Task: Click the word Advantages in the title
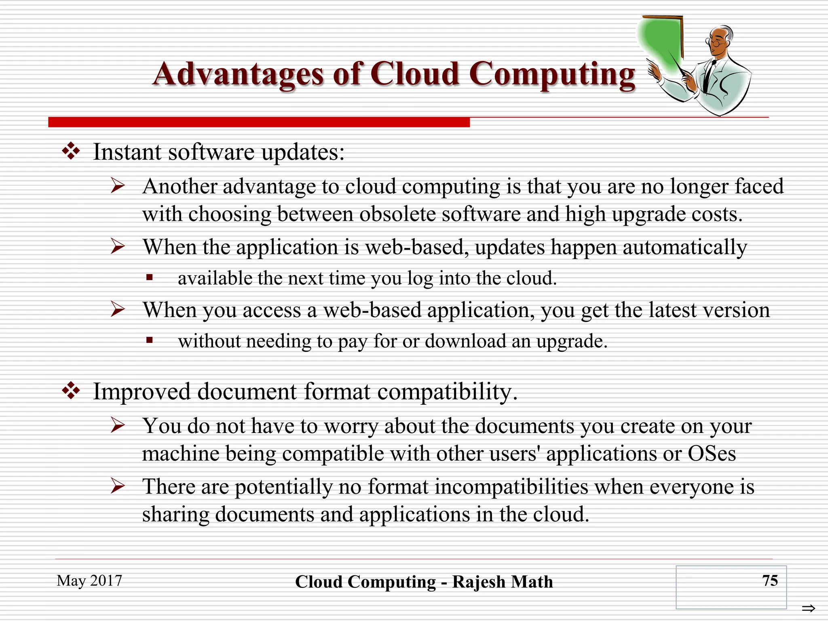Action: [x=238, y=75]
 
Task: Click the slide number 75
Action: [x=770, y=581]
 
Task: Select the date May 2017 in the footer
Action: [x=89, y=581]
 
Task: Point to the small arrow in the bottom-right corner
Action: [x=808, y=608]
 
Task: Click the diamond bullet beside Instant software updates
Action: [x=71, y=152]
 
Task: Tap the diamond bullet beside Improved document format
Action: [x=71, y=391]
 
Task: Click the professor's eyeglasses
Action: [x=715, y=42]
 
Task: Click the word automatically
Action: [x=684, y=247]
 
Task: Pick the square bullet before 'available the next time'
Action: [x=150, y=277]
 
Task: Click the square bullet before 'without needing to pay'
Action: [x=150, y=340]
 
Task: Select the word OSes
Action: [x=712, y=453]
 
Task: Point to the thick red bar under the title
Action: [x=259, y=122]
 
